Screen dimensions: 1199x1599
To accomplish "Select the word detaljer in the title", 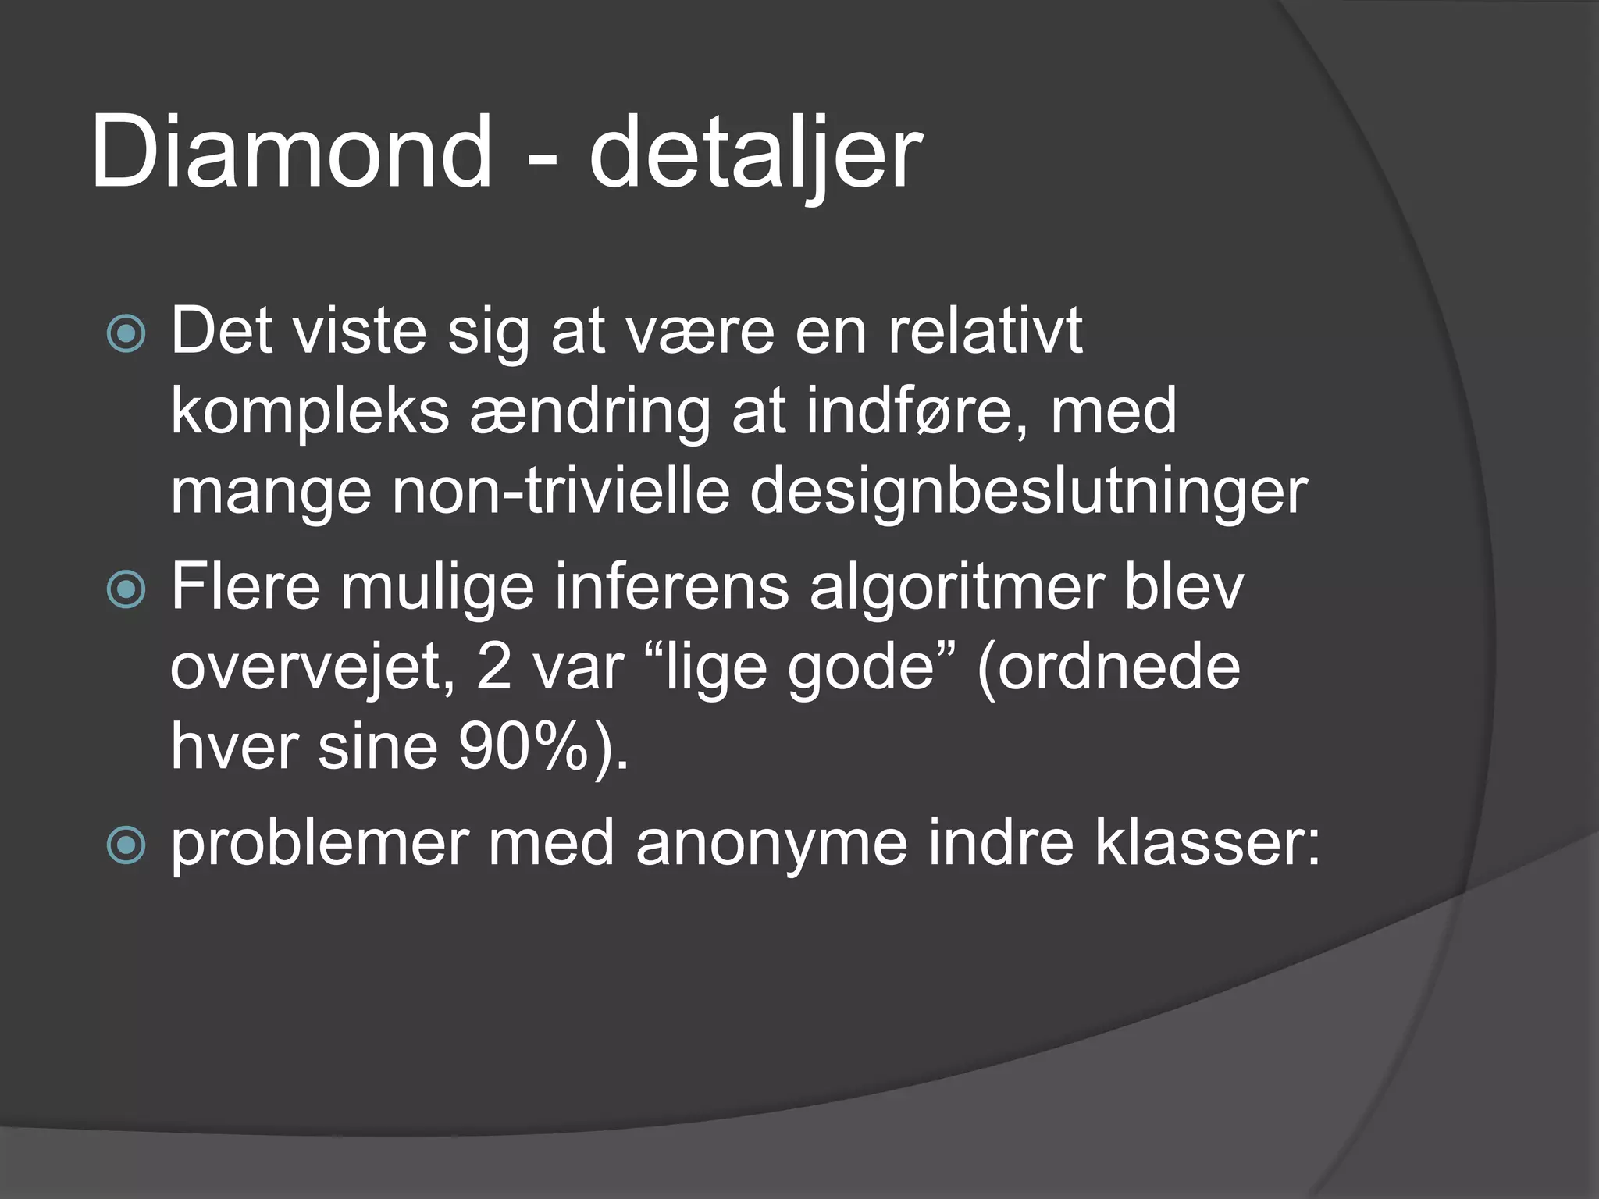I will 755,153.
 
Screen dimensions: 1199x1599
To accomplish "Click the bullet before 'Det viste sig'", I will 126,334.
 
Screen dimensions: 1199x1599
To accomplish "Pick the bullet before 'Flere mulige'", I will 126,589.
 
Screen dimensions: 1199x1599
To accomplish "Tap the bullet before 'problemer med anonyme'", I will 126,845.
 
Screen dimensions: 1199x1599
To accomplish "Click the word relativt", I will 985,331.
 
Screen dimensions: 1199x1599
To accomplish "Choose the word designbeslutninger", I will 1028,493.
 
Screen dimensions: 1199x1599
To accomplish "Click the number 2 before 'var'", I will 494,668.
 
